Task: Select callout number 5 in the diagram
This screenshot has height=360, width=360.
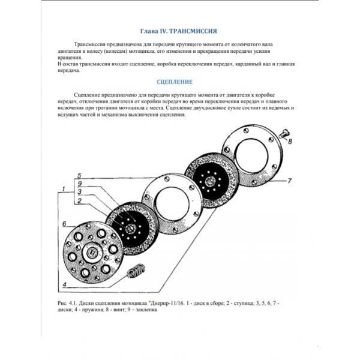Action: tap(71, 176)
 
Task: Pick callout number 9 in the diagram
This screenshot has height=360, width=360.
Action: tap(71, 184)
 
